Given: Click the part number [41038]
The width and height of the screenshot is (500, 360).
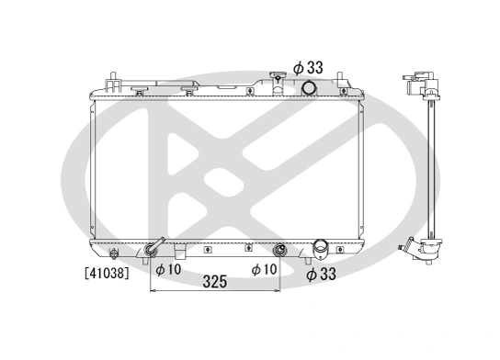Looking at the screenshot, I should [x=106, y=272].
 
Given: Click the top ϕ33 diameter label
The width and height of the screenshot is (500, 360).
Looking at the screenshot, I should [x=309, y=66].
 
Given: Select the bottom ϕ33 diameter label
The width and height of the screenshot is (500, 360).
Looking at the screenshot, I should [x=322, y=274].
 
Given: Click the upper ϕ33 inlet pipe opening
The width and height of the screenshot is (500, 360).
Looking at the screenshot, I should [x=310, y=88].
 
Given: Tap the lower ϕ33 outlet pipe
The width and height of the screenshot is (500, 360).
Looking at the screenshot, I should [x=320, y=248].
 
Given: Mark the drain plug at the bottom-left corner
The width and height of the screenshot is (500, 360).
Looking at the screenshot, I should [x=113, y=254].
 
